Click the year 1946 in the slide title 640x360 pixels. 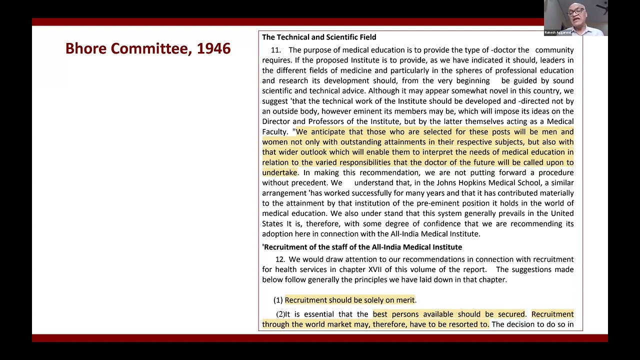[213, 48]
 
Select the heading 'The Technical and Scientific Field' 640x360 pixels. [319, 37]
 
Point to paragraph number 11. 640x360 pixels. [275, 50]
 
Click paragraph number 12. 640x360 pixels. [280, 259]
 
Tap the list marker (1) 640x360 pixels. [278, 300]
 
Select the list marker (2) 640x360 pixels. [280, 314]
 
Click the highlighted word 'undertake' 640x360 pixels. [279, 172]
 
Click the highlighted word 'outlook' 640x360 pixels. [313, 152]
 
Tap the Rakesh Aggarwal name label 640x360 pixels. [557, 32]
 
